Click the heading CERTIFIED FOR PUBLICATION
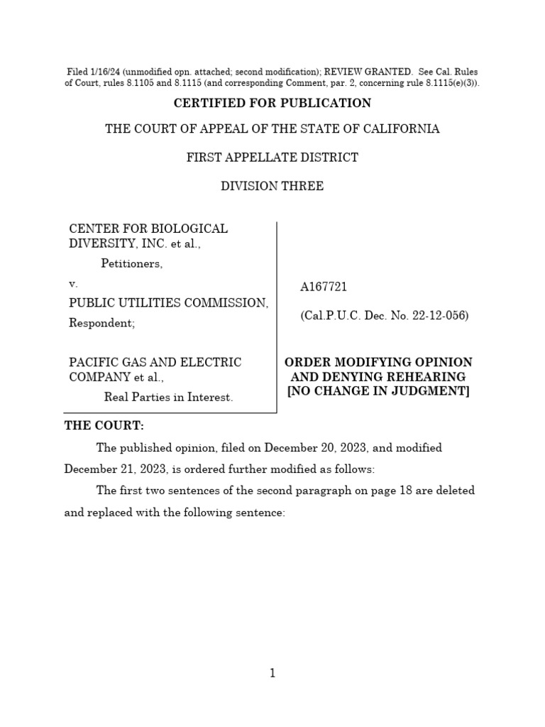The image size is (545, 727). tap(272, 103)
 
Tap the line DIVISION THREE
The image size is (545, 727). tap(272, 186)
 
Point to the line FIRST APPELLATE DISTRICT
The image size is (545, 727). tap(272, 157)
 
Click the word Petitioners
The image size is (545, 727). tap(131, 264)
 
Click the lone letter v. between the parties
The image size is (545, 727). tap(72, 283)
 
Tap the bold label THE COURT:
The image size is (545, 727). tap(94, 425)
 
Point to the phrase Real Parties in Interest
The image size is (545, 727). tap(168, 397)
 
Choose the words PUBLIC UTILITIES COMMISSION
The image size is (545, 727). tap(168, 303)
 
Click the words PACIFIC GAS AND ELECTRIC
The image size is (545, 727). tap(155, 362)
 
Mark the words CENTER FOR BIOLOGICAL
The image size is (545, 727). tap(148, 229)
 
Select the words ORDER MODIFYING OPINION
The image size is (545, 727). tap(378, 362)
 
